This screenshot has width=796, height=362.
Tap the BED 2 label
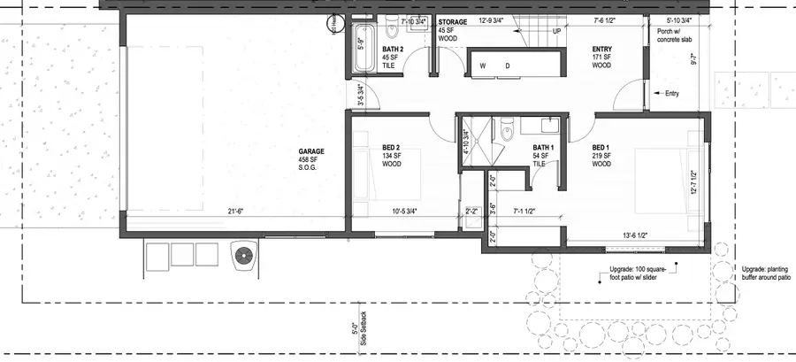pos(392,148)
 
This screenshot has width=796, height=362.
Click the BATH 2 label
pos(392,50)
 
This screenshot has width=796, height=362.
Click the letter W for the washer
pos(483,66)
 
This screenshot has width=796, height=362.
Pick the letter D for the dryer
pos(508,66)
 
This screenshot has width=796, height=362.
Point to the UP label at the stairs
pos(556,30)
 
